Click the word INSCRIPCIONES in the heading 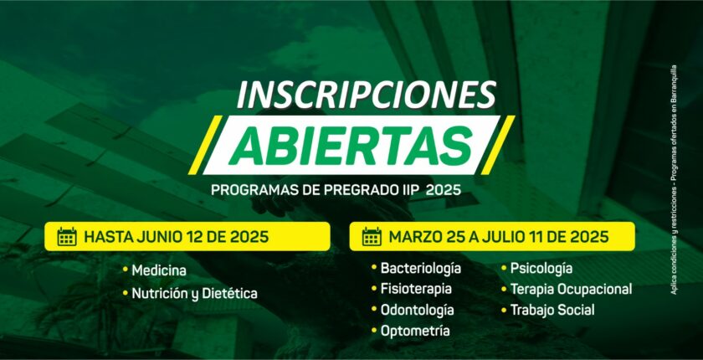367,95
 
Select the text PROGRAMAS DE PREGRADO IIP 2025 336,190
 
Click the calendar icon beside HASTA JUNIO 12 67,236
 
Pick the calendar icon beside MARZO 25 372,236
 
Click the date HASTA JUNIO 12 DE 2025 177,237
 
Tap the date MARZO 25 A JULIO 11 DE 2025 499,237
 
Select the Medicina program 159,270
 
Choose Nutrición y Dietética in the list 194,294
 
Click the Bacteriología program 420,269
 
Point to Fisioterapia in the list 416,289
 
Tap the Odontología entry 417,310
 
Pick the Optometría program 415,331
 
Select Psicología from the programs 541,269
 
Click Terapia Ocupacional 571,290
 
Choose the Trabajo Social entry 552,311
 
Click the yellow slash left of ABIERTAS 205,145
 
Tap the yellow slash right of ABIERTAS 498,145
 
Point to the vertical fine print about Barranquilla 674,180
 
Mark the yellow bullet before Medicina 125,270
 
